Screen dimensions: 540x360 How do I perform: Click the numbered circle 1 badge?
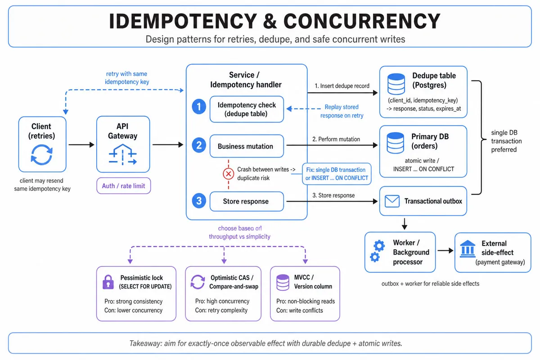(x=199, y=106)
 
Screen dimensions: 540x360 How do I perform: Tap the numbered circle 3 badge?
(x=199, y=201)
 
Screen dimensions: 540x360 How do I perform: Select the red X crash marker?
(x=228, y=174)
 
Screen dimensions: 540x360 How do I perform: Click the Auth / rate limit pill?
(x=123, y=186)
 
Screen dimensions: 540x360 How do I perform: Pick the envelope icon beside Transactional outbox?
(x=392, y=201)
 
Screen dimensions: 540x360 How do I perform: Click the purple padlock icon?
(x=108, y=282)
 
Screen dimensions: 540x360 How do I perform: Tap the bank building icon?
(x=468, y=249)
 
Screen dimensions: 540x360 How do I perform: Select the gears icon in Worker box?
(x=377, y=251)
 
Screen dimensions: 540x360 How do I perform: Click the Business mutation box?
(x=247, y=146)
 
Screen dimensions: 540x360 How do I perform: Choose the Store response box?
(x=247, y=201)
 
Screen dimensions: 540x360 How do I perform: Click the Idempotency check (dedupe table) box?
(x=247, y=109)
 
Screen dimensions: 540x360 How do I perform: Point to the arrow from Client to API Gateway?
(x=81, y=145)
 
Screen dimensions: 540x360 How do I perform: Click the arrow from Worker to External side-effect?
(x=445, y=251)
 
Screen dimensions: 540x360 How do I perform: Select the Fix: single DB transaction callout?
(x=337, y=174)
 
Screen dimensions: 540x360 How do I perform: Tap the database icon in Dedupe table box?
(x=396, y=84)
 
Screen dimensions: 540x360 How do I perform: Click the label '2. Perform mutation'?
(x=336, y=139)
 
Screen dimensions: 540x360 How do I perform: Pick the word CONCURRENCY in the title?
(x=362, y=21)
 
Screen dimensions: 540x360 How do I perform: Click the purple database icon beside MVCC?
(x=283, y=282)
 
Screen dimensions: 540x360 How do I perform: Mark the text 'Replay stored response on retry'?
(x=342, y=111)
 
